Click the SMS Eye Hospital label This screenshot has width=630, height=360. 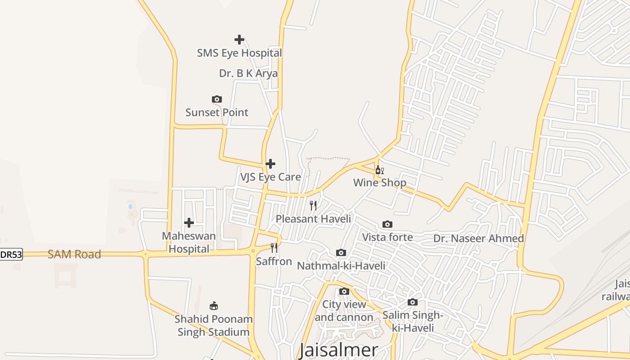coord(239,53)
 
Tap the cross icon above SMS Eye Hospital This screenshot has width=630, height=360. coord(239,40)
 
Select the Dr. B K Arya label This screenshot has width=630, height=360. coord(248,73)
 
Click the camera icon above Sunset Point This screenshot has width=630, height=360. coord(217,99)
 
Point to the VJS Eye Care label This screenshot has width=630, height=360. coord(270,177)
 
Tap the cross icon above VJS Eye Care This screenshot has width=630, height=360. coord(270,164)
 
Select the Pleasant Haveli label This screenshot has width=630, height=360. coord(313,219)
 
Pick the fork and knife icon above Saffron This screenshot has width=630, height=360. coord(274,248)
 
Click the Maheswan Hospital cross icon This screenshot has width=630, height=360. coord(189,223)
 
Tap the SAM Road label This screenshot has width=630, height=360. coord(74,254)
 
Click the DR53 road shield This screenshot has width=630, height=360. coord(11,255)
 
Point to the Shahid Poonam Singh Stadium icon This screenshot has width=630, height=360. coord(214,306)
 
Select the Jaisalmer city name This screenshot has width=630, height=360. coord(339,350)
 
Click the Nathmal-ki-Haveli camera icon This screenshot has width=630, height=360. coord(341,253)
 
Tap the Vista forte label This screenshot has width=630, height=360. coord(387,237)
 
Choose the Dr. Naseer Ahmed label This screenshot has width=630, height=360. coord(479,238)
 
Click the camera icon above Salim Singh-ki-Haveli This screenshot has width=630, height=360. coord(413,302)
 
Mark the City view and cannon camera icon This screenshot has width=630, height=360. coord(344,292)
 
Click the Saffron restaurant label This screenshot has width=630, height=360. coord(274,261)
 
